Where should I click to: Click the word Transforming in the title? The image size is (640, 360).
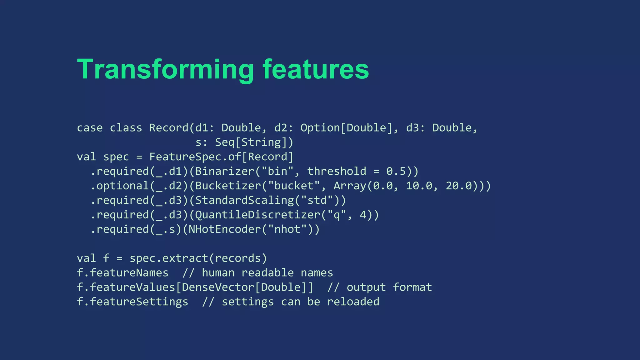(x=166, y=69)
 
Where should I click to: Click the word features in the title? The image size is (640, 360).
(x=316, y=69)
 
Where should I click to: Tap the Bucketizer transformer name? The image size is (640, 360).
(x=228, y=186)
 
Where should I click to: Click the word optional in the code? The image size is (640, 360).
(x=122, y=186)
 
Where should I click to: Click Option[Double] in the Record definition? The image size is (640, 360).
(x=346, y=128)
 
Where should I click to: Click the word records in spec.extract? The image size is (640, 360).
(x=238, y=258)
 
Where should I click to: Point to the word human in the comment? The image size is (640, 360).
(x=218, y=273)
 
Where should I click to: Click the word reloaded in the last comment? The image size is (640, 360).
(x=353, y=302)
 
